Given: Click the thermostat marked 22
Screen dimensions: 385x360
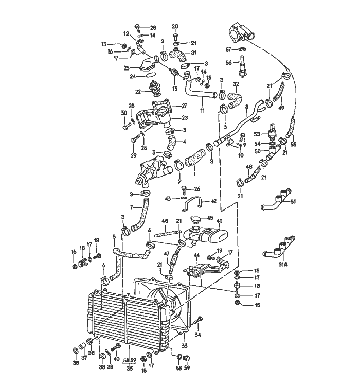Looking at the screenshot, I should point(154,90).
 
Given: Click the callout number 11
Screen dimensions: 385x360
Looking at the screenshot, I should point(203,110).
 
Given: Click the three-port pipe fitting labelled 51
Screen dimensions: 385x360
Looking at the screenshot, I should point(278,202).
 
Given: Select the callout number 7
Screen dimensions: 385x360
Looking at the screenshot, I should point(131,208).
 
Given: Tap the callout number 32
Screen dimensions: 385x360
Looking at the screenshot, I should point(236,83).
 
